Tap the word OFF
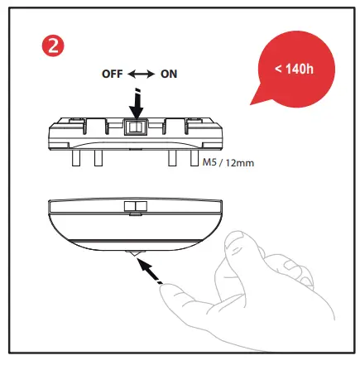pos(112,74)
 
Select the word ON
pos(169,74)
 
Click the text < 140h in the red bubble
pos(294,67)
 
